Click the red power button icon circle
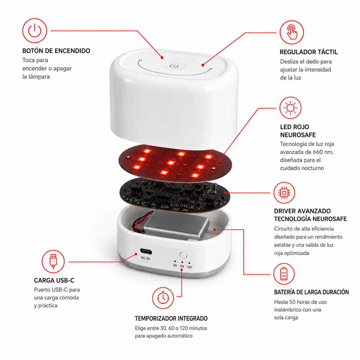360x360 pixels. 34,31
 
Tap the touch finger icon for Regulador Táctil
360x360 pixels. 292,32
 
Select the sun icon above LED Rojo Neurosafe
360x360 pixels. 290,108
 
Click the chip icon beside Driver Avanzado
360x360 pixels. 284,193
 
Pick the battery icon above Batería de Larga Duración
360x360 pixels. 284,274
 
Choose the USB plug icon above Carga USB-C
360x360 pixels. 53,262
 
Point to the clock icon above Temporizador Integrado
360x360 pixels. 163,298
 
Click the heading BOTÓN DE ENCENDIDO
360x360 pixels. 56,51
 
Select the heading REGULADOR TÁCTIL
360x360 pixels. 309,52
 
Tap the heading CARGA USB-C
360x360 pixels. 54,280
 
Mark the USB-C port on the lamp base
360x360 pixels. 146,251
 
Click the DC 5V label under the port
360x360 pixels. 145,258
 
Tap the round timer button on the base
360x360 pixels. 183,255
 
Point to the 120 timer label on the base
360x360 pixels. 189,267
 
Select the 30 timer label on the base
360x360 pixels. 175,265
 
